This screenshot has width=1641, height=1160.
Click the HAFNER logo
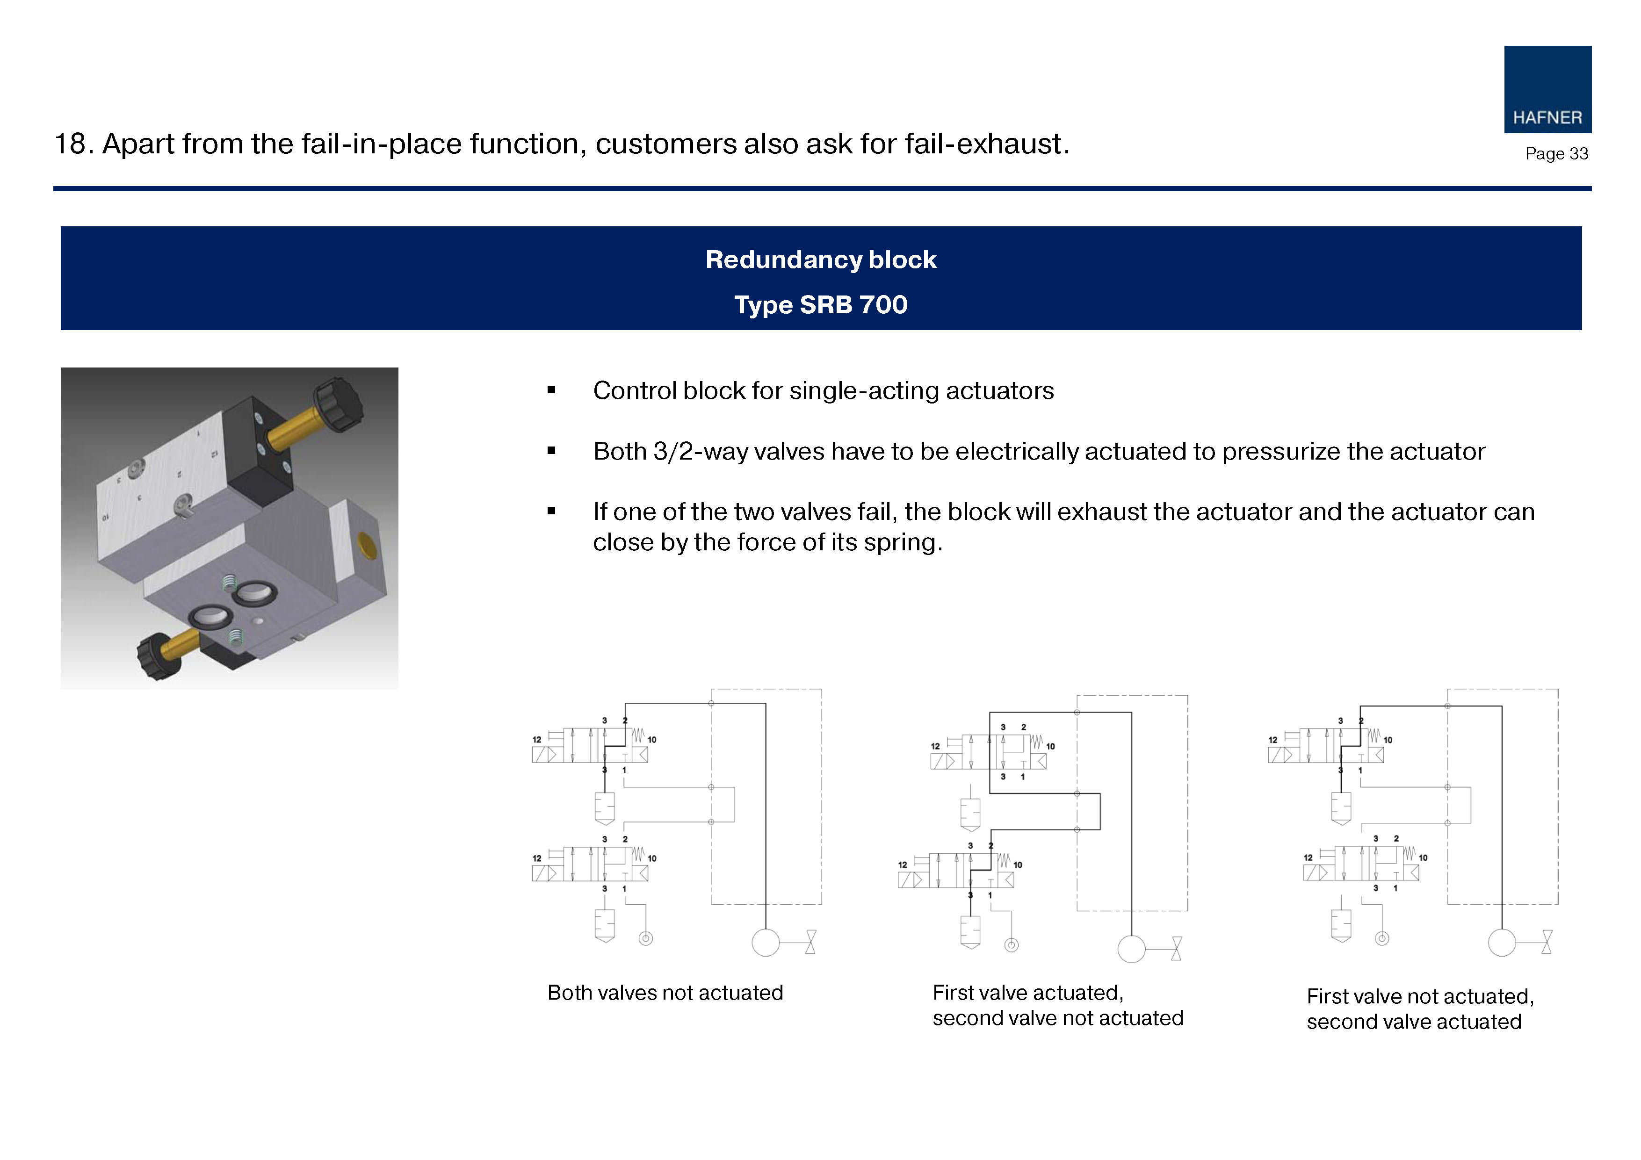(1547, 89)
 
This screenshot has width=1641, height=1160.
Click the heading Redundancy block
(820, 259)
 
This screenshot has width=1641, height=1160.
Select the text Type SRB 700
(820, 304)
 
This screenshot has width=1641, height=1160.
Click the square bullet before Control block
(551, 390)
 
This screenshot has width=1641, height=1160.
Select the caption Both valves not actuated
(665, 993)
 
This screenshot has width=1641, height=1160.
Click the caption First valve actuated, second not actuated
(1058, 1005)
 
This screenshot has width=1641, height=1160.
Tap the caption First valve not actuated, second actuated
(1420, 1009)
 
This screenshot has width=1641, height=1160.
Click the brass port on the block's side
(368, 545)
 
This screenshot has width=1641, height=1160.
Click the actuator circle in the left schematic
(766, 943)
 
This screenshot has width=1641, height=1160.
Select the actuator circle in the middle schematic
(1131, 949)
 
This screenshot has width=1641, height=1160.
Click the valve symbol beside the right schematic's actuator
(1547, 942)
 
